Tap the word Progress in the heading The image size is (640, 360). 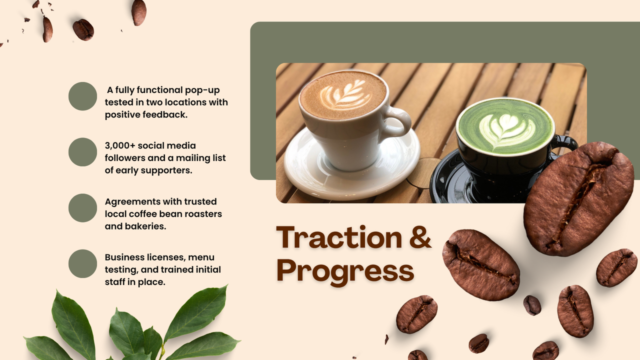click(x=345, y=271)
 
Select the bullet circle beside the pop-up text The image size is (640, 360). click(x=82, y=96)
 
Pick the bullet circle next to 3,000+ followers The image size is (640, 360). click(x=82, y=152)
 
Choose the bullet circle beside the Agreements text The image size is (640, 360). click(x=82, y=208)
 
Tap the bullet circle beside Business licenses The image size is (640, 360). click(x=82, y=263)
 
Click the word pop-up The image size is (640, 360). click(x=202, y=90)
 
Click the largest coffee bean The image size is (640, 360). click(x=578, y=198)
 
